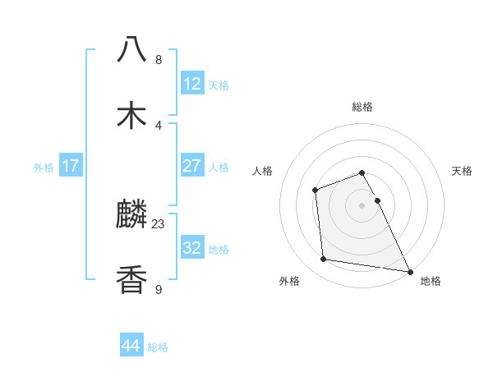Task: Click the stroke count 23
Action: [159, 223]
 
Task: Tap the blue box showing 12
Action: [192, 84]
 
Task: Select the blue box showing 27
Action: [192, 166]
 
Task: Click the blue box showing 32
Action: [192, 248]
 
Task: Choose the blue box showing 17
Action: [71, 166]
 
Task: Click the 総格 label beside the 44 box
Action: [158, 347]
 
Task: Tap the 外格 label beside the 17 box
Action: [44, 168]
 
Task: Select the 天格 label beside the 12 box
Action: [219, 85]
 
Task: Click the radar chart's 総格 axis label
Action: [362, 107]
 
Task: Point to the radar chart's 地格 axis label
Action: [431, 281]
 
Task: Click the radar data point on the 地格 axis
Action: [409, 272]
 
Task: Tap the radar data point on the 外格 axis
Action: [324, 260]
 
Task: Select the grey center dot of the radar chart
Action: [362, 205]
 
